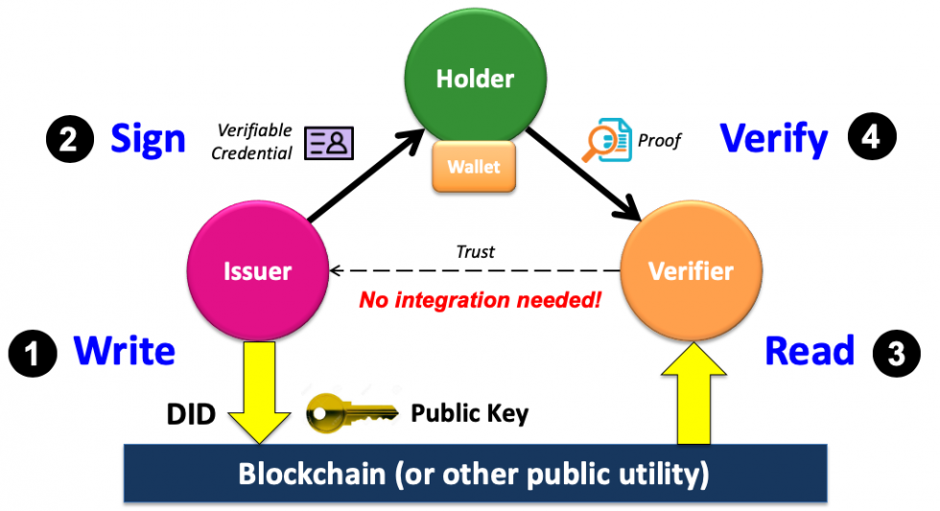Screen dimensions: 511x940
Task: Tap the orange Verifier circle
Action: click(691, 271)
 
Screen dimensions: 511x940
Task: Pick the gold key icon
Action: click(351, 412)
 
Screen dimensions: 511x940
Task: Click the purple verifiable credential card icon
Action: click(329, 143)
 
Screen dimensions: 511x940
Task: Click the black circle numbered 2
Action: click(69, 141)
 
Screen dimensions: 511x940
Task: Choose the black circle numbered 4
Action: click(870, 138)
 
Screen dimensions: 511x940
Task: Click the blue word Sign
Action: click(148, 139)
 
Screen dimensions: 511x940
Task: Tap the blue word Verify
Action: click(774, 140)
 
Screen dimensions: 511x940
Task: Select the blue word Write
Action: click(125, 351)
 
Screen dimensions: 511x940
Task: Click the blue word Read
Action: click(809, 351)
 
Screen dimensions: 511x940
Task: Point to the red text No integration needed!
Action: click(480, 300)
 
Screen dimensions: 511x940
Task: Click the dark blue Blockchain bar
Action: click(475, 474)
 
